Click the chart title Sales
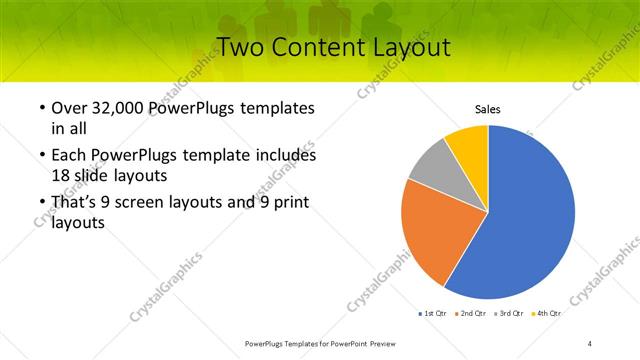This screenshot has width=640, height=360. click(487, 109)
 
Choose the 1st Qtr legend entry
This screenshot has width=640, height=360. click(433, 314)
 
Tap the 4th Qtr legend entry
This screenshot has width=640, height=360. click(546, 314)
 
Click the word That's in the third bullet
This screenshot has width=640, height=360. click(76, 204)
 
